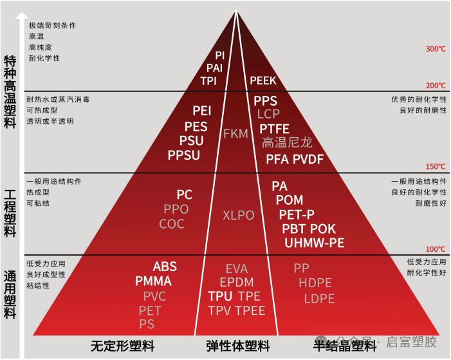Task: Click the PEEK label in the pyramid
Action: (262, 81)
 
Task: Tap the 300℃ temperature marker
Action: (436, 49)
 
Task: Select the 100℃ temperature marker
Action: (436, 249)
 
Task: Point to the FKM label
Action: (235, 134)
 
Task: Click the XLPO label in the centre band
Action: (239, 215)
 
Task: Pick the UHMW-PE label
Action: (315, 243)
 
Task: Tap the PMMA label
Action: (153, 281)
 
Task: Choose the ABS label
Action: (165, 267)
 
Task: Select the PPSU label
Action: (184, 155)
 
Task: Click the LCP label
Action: (268, 114)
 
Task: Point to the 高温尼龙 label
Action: (286, 143)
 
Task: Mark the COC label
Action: (172, 224)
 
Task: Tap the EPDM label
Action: (237, 283)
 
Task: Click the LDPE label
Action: (320, 299)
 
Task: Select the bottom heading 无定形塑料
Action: (123, 346)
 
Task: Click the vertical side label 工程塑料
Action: (10, 213)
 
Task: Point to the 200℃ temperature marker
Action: (436, 86)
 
